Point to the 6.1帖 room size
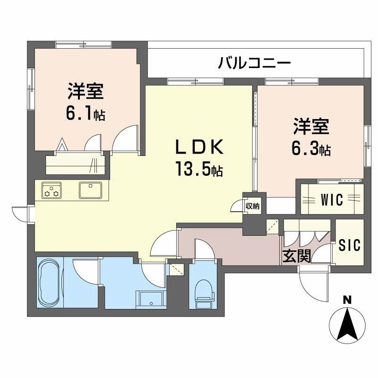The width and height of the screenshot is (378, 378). point(86,113)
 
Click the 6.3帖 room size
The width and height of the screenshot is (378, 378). point(310,149)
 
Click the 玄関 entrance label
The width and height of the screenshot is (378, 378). point(297,256)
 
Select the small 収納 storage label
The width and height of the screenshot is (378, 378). point(252,206)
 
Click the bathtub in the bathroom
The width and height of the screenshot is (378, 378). point(49,282)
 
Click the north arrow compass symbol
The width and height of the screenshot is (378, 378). point(347,326)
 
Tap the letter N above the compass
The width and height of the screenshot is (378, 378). point(347,299)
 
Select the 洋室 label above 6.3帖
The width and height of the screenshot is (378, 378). point(310,127)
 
